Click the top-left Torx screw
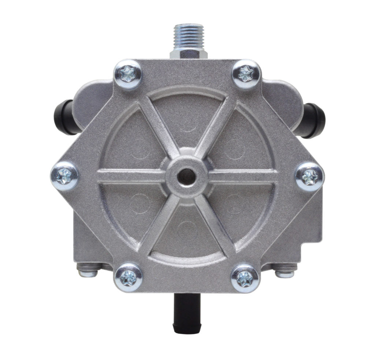[x=128, y=74]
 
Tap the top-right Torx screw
[x=246, y=74]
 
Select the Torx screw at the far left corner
[x=64, y=176]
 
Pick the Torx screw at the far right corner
[x=309, y=176]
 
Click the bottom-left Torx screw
[x=128, y=278]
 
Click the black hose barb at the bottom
[x=188, y=310]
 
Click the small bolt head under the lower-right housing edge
[x=285, y=273]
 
